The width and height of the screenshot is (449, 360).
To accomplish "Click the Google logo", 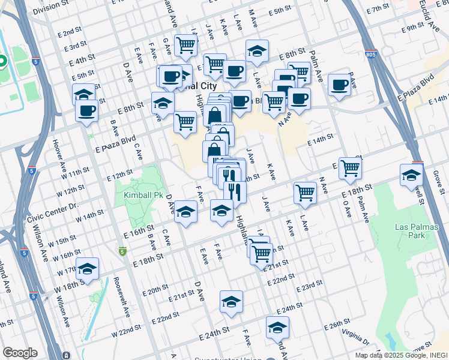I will pyautogui.click(x=20, y=353).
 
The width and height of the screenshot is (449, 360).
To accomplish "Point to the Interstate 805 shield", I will pyautogui.click(x=370, y=54).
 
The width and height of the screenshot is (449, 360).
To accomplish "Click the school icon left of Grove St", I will pyautogui.click(x=411, y=175).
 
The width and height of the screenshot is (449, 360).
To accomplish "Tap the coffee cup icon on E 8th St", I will pyautogui.click(x=87, y=111).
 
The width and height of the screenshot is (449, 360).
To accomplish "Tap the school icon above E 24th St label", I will pyautogui.click(x=231, y=303).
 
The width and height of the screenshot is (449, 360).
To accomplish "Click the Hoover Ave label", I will pyautogui.click(x=59, y=154).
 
